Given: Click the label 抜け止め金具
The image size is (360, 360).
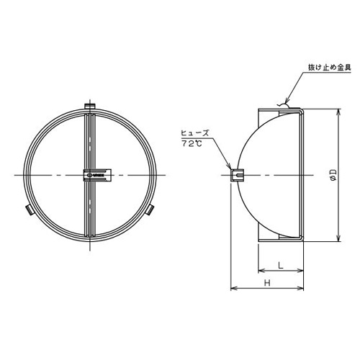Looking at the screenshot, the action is [x=330, y=68].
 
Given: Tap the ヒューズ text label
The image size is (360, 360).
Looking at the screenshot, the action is [x=195, y=133].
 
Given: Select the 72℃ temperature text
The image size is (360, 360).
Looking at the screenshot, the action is [x=192, y=143].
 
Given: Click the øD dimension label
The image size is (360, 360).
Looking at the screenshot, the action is [x=333, y=174].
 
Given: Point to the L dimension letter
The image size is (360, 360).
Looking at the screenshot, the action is [x=281, y=265].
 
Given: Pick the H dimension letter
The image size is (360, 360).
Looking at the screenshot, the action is [x=267, y=283].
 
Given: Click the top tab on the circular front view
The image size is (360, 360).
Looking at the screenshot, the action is [x=90, y=106].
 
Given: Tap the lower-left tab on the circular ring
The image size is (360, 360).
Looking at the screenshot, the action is [x=30, y=210].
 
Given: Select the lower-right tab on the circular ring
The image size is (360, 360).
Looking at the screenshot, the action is [x=150, y=210].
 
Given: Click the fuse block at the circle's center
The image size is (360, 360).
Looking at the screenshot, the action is [x=97, y=175].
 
